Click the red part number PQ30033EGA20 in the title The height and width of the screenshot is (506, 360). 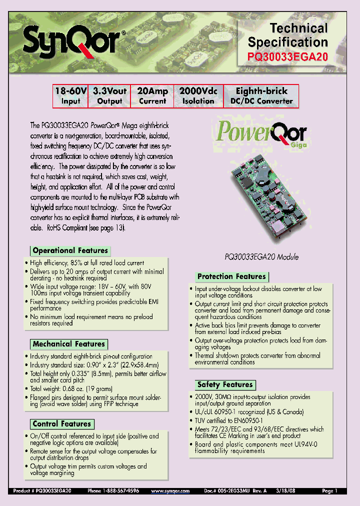[288, 57]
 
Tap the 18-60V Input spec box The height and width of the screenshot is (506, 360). [70, 96]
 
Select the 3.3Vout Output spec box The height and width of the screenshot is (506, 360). [109, 96]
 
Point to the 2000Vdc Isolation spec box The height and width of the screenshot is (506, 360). [198, 96]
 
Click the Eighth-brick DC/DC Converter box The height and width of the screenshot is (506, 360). [261, 96]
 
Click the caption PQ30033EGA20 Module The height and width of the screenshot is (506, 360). [261, 256]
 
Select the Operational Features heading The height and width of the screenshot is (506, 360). [70, 250]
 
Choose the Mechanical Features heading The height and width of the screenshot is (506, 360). [68, 344]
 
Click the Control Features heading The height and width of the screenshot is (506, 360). [61, 424]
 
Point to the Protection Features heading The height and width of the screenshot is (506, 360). [231, 276]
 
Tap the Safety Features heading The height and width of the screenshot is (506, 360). [224, 384]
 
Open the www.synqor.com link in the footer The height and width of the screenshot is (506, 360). [170, 491]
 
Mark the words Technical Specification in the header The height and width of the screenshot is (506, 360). [288, 35]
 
